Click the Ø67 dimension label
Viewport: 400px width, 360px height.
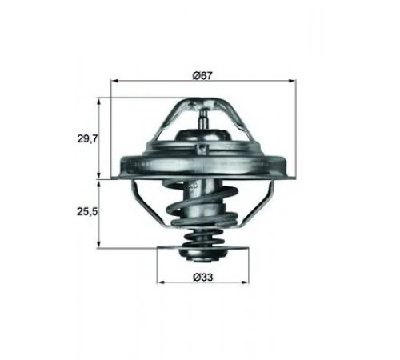tap(202, 76)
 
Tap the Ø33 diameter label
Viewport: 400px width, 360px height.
tap(203, 278)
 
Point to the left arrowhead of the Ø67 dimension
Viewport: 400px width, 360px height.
tap(114, 80)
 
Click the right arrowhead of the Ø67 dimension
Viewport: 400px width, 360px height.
tap(293, 80)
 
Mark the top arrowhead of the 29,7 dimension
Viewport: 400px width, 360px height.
tap(99, 102)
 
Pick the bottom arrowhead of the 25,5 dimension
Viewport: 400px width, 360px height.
tap(99, 245)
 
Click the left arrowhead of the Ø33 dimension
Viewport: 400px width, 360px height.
tap(160, 282)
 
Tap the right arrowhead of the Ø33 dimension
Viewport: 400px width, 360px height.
tap(245, 282)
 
